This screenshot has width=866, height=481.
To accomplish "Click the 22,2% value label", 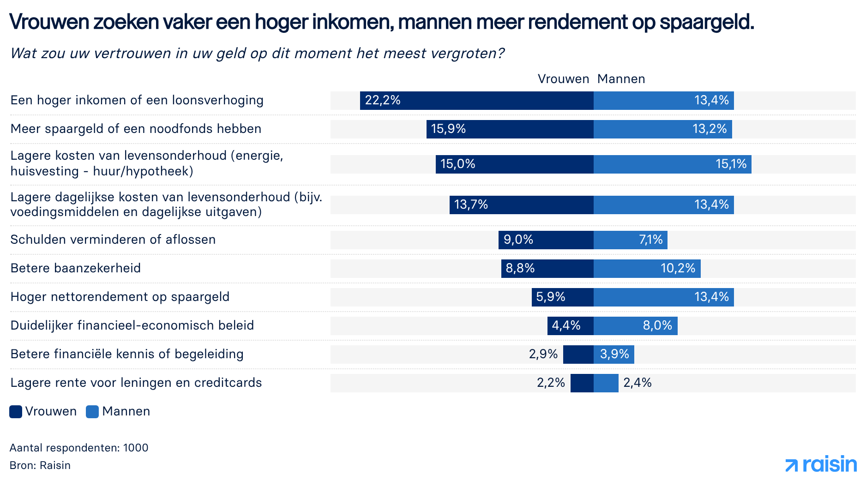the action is click(383, 100).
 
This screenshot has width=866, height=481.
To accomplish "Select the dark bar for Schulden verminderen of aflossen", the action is click(546, 240).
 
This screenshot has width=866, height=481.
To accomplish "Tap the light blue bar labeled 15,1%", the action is click(673, 164).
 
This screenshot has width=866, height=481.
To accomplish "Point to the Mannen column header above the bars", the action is click(621, 79).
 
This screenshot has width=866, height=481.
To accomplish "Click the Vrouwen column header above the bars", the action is click(563, 79).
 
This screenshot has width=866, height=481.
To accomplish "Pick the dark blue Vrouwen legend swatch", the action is click(16, 412).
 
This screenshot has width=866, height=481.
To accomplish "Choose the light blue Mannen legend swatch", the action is click(92, 412).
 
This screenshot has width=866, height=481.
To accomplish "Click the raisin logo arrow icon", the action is click(792, 465).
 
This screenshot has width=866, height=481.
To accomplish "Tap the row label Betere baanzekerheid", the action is click(76, 268).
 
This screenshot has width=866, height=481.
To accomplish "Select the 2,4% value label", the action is click(637, 383).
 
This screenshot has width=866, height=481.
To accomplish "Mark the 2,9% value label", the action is click(543, 354).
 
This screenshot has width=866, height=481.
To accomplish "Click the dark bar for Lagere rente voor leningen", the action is click(582, 383).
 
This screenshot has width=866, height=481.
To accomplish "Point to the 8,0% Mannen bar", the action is click(636, 326).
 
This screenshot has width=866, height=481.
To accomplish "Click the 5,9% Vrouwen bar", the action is click(563, 297).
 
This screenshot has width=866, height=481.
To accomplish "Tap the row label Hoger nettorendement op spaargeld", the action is click(120, 297).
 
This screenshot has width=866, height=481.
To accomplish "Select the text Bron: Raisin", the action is click(40, 465).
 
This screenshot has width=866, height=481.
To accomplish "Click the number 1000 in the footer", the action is click(136, 448).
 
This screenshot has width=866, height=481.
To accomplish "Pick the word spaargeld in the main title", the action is click(706, 22).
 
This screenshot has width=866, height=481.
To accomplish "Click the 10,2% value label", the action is click(678, 268).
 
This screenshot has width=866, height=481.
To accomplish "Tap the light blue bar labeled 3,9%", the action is click(614, 355).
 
